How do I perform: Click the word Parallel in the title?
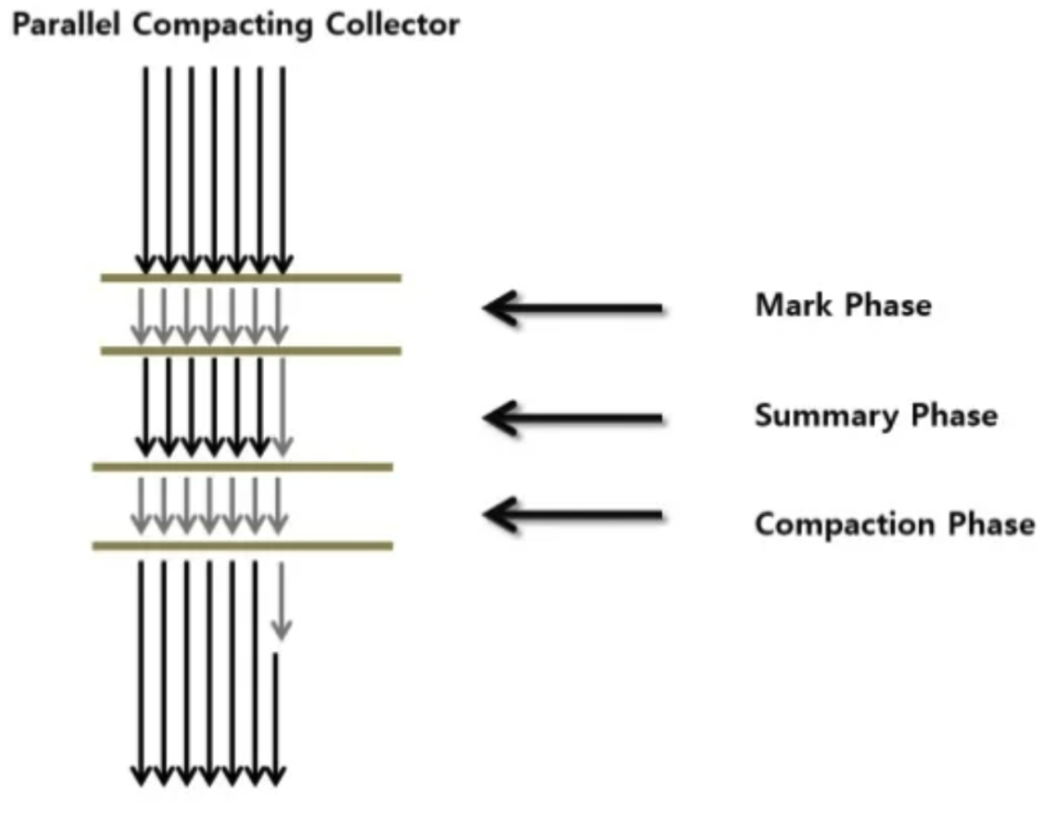pyautogui.click(x=66, y=25)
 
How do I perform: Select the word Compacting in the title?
pyautogui.click(x=223, y=26)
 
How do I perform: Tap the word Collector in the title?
pyautogui.click(x=393, y=25)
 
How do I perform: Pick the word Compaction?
pyautogui.click(x=845, y=525)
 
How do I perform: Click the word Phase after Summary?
pyautogui.click(x=953, y=415)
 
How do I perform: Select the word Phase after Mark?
pyautogui.click(x=888, y=305)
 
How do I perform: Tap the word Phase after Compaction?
pyautogui.click(x=991, y=523)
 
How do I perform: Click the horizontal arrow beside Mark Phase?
pyautogui.click(x=572, y=308)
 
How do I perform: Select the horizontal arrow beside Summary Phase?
pyautogui.click(x=572, y=418)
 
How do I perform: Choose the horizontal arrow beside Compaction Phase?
pyautogui.click(x=572, y=515)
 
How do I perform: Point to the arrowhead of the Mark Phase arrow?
pyautogui.click(x=484, y=308)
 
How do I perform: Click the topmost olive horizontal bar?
pyautogui.click(x=251, y=277)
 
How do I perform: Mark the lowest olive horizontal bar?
pyautogui.click(x=242, y=546)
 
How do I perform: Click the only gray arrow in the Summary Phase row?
pyautogui.click(x=283, y=407)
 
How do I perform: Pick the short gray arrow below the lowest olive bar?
pyautogui.click(x=282, y=601)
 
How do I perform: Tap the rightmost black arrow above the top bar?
pyautogui.click(x=283, y=170)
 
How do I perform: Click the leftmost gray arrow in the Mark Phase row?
pyautogui.click(x=140, y=316)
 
